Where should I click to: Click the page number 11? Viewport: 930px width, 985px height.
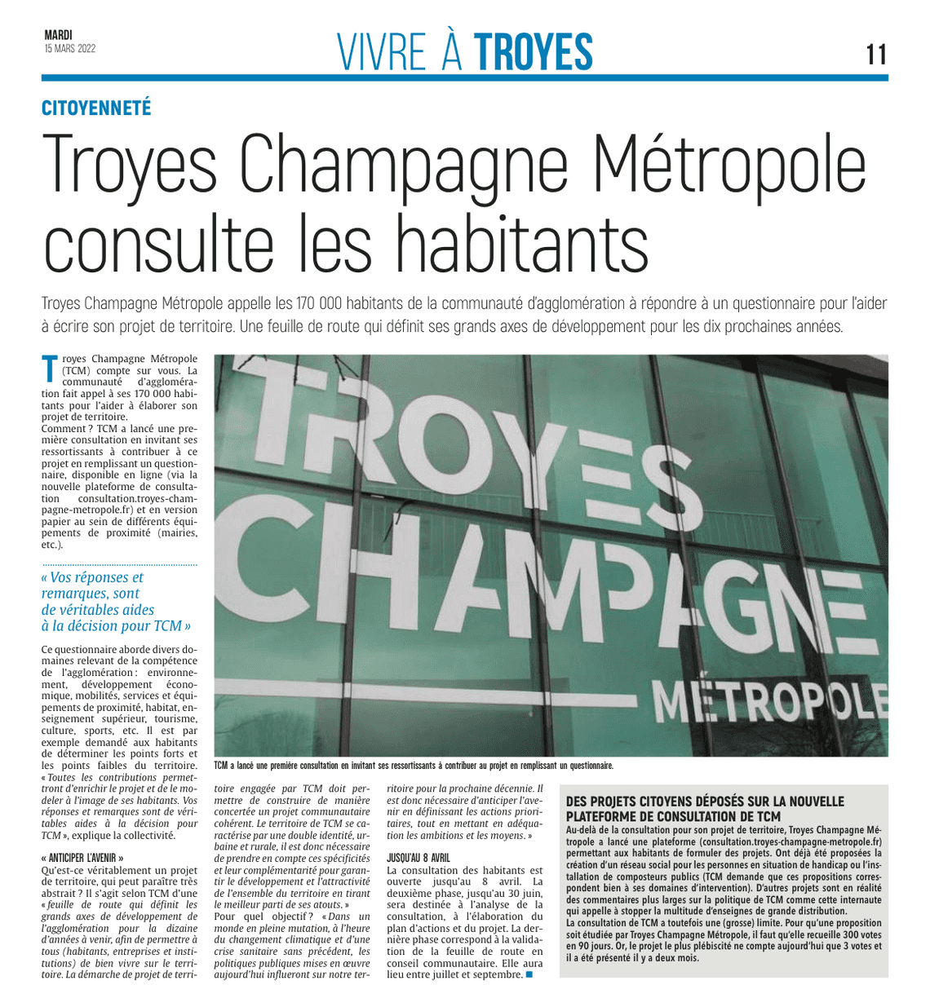click(x=876, y=55)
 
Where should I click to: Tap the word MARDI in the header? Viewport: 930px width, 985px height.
click(x=58, y=35)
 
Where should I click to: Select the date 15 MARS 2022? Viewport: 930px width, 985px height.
click(x=70, y=48)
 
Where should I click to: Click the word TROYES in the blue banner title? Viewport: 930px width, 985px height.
click(x=534, y=52)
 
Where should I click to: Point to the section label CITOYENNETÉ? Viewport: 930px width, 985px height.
click(x=96, y=108)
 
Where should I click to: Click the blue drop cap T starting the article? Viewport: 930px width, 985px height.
click(x=50, y=369)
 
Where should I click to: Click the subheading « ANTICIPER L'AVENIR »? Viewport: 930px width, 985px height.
click(x=82, y=859)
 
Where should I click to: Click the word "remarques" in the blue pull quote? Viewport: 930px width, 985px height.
click(x=76, y=594)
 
